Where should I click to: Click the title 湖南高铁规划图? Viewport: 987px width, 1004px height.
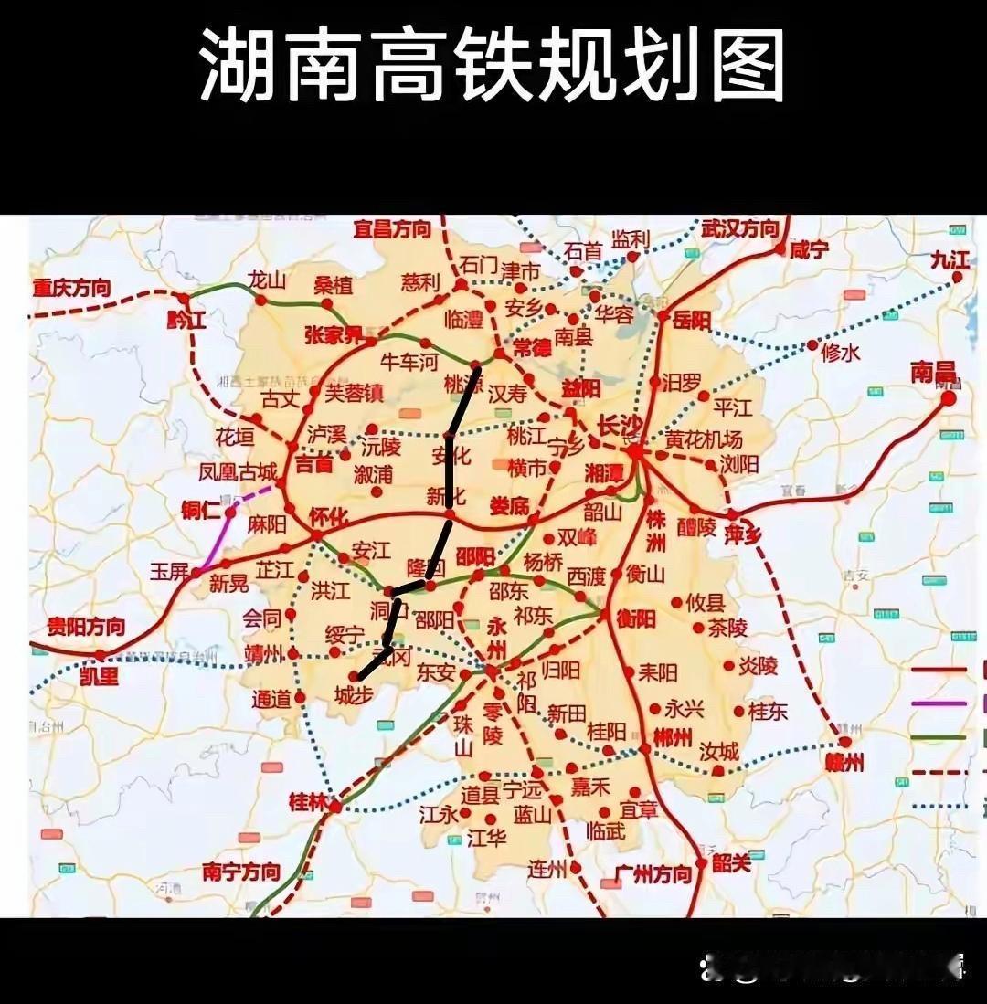[x=493, y=66]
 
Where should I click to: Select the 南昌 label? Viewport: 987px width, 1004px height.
[x=933, y=371]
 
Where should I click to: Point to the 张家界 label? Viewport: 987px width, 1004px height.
[x=334, y=335]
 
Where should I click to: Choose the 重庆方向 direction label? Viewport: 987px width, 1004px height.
[x=72, y=288]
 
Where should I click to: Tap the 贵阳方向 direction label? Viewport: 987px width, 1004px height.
[x=87, y=627]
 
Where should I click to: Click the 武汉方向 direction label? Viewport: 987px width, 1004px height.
[x=740, y=228]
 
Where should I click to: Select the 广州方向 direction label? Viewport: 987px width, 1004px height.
[x=653, y=874]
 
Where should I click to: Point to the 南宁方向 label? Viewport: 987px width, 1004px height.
[x=241, y=872]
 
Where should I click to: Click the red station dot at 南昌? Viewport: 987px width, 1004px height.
[x=949, y=398]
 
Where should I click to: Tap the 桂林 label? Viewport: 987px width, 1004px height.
[x=307, y=802]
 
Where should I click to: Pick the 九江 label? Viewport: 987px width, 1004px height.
[x=950, y=259]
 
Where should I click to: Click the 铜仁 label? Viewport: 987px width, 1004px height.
[x=202, y=510]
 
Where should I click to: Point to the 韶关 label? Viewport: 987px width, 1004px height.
[x=731, y=862]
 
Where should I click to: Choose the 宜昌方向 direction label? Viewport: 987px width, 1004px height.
[x=392, y=228]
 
